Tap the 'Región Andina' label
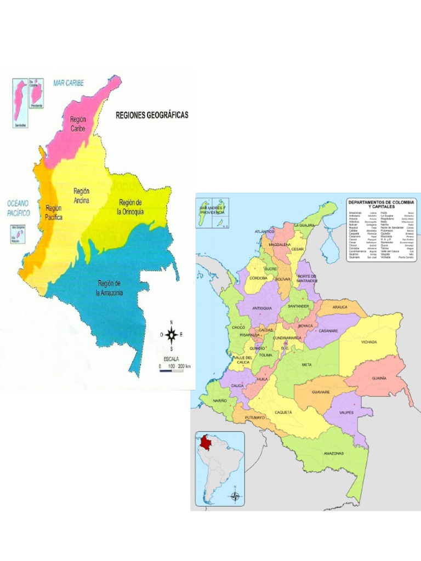[x=81, y=196]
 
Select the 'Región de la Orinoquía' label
[x=131, y=207]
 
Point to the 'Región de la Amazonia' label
[x=110, y=288]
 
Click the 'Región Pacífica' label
[x=54, y=212]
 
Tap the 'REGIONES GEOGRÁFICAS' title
[x=151, y=116]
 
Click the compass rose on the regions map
[x=172, y=334]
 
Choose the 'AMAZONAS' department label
[x=333, y=454]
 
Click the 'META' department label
[x=307, y=364]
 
